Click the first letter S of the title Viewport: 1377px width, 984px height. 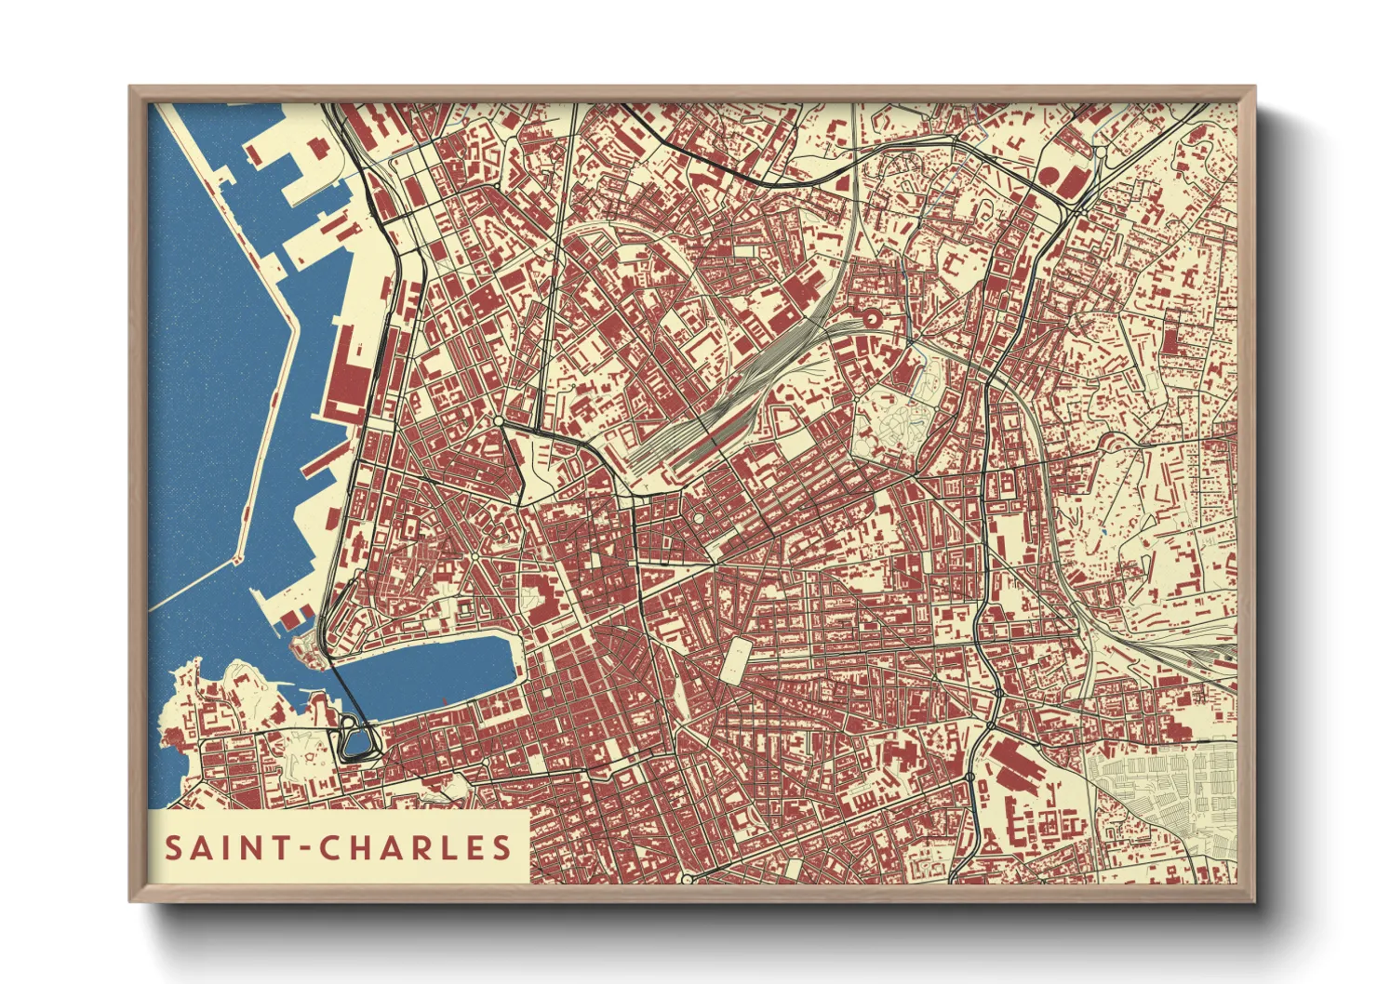pos(173,847)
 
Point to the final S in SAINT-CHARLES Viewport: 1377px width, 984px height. pos(502,847)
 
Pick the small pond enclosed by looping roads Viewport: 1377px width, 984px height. pos(354,742)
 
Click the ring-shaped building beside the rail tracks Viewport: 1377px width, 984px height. pos(872,319)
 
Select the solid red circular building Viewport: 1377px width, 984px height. pos(1049,175)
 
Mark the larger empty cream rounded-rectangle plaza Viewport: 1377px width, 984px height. pos(735,658)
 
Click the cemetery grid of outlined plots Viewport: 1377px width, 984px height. pos(1163,791)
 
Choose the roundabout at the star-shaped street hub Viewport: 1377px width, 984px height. pos(474,556)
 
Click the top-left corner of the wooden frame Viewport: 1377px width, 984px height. pos(131,88)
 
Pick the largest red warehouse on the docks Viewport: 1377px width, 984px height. pos(349,372)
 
